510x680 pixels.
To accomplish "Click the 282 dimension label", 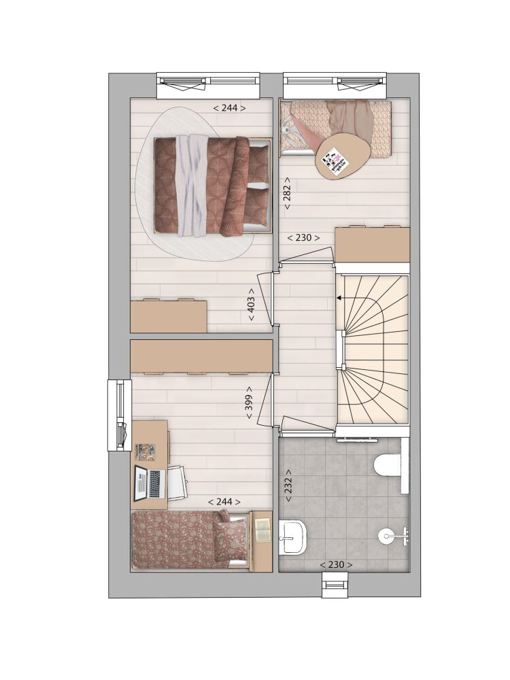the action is click(x=287, y=192).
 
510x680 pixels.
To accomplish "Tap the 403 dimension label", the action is click(x=251, y=305).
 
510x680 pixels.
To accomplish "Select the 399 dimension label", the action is click(x=250, y=403).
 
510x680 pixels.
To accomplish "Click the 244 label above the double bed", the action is click(x=229, y=107).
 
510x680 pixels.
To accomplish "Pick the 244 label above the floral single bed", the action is click(x=224, y=502).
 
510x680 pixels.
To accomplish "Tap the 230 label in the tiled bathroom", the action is click(x=336, y=564).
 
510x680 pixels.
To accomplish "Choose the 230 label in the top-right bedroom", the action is click(x=304, y=237).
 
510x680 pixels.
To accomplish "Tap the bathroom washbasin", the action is click(x=293, y=537).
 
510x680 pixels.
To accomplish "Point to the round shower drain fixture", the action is click(x=386, y=536).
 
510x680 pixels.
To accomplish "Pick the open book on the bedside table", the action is click(x=262, y=529).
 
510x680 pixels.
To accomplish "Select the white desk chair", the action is click(x=177, y=482).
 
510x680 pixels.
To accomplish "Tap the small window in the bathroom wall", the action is click(x=335, y=584).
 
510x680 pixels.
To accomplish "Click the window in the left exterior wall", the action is click(x=120, y=415).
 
